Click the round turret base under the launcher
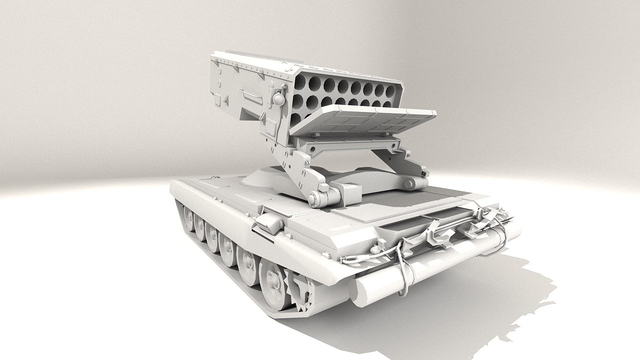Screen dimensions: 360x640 pos(265,180)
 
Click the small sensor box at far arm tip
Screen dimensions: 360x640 pos(425,171)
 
